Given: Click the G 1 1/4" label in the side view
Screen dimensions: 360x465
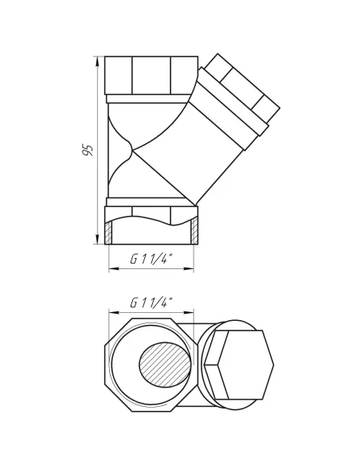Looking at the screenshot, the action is click(x=151, y=260).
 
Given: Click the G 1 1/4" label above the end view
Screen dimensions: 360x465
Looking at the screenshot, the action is click(x=151, y=303).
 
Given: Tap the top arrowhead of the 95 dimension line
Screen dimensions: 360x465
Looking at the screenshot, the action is click(x=97, y=61).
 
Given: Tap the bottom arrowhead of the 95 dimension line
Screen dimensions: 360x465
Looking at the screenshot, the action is click(x=97, y=239).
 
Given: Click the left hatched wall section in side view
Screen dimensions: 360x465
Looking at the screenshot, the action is click(x=109, y=233).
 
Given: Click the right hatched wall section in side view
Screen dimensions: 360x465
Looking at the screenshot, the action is click(x=194, y=232).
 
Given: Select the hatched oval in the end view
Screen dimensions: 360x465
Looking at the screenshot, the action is click(x=165, y=364).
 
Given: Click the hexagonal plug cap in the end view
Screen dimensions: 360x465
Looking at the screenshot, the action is click(x=239, y=365).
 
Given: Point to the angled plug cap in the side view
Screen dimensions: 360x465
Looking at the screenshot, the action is click(x=243, y=88).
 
